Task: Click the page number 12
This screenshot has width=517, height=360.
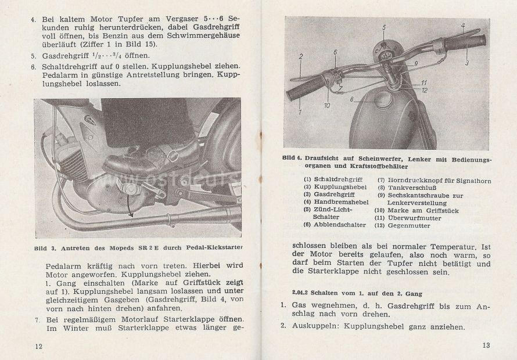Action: tap(38, 346)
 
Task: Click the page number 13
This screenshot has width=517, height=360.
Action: tap(486, 345)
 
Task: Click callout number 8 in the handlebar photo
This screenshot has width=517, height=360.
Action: tap(352, 99)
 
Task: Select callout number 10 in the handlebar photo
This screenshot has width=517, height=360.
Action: tap(327, 105)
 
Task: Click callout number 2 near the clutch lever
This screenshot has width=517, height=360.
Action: tap(301, 56)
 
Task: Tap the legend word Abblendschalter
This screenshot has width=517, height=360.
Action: tap(340, 225)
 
